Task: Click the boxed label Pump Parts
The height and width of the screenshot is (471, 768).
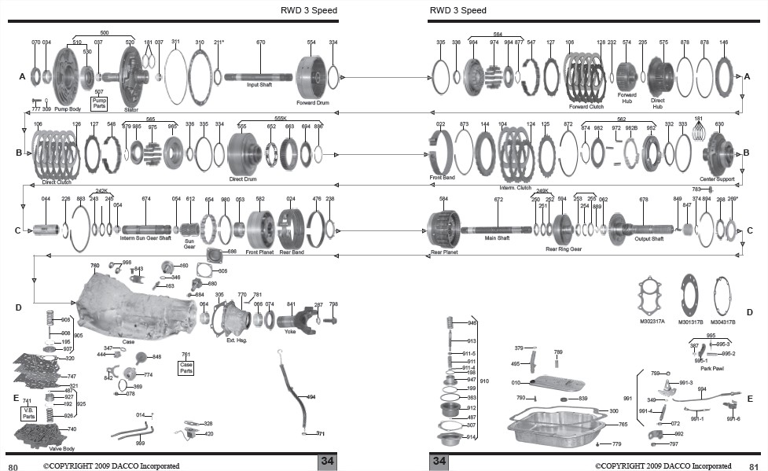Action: pyautogui.click(x=99, y=102)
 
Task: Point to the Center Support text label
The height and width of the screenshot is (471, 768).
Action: pyautogui.click(x=717, y=179)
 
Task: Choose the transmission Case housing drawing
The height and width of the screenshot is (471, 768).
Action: pyautogui.click(x=134, y=302)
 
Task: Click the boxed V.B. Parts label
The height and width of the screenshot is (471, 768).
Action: pyautogui.click(x=28, y=414)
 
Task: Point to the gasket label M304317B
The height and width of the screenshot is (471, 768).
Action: pyautogui.click(x=722, y=321)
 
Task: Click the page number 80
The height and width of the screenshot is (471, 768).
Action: pyautogui.click(x=13, y=465)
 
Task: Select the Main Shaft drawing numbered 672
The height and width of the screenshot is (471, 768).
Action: pyautogui.click(x=498, y=230)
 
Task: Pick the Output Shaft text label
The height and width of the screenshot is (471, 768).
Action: pyautogui.click(x=649, y=238)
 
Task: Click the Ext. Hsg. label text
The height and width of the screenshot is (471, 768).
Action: pyautogui.click(x=235, y=341)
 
